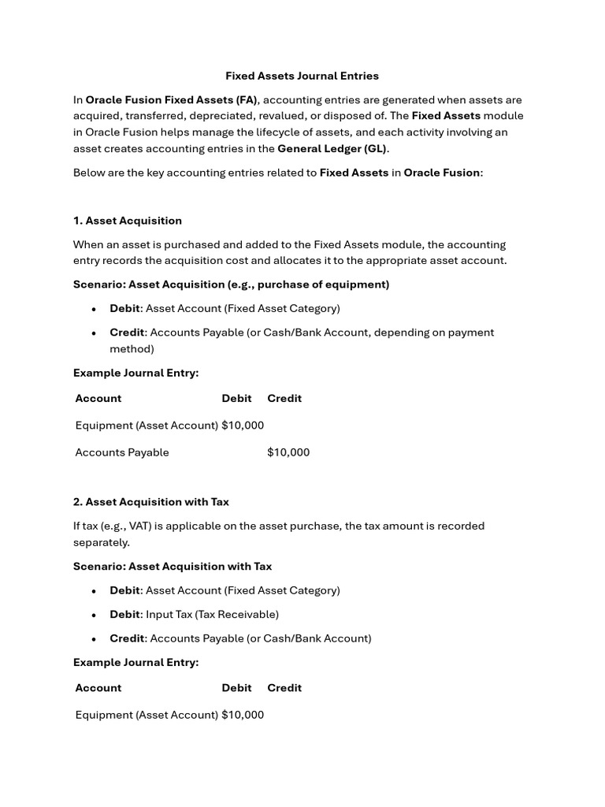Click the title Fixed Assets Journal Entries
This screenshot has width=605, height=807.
302,76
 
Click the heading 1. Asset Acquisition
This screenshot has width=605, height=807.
128,221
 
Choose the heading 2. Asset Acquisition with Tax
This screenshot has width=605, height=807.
151,502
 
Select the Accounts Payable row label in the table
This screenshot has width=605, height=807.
122,452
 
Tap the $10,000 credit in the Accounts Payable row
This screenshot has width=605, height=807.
288,452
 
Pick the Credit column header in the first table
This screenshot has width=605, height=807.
284,398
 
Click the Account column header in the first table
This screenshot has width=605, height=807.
98,398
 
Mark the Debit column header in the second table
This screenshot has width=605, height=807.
236,688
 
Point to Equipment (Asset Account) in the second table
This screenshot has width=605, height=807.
147,715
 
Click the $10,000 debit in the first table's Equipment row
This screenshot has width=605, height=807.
243,426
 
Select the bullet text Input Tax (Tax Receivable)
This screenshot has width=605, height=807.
212,614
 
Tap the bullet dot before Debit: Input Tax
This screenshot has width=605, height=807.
94,615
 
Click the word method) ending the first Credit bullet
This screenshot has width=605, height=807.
132,348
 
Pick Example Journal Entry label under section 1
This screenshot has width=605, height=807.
135,373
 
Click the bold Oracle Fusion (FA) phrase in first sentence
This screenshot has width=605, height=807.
172,100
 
